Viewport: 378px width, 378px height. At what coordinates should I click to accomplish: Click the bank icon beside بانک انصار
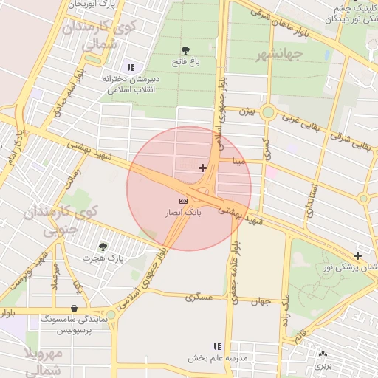click(x=183, y=201)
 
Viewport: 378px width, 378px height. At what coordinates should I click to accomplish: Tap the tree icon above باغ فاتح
click(x=185, y=50)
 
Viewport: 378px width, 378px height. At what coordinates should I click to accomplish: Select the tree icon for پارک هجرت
click(x=103, y=247)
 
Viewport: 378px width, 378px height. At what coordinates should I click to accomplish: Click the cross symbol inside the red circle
click(x=203, y=168)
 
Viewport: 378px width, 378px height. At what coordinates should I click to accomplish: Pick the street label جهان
click(x=261, y=301)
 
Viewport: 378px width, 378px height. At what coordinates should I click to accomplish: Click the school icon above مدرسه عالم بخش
click(x=217, y=346)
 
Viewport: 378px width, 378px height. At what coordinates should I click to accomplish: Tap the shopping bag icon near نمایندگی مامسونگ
click(x=74, y=308)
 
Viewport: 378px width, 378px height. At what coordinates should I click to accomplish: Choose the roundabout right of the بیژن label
click(x=268, y=113)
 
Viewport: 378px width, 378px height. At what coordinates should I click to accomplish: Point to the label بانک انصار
click(x=183, y=213)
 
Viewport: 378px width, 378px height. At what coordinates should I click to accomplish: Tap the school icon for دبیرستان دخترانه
click(x=131, y=67)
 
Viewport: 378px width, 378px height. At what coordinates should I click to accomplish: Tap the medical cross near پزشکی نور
click(x=358, y=255)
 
